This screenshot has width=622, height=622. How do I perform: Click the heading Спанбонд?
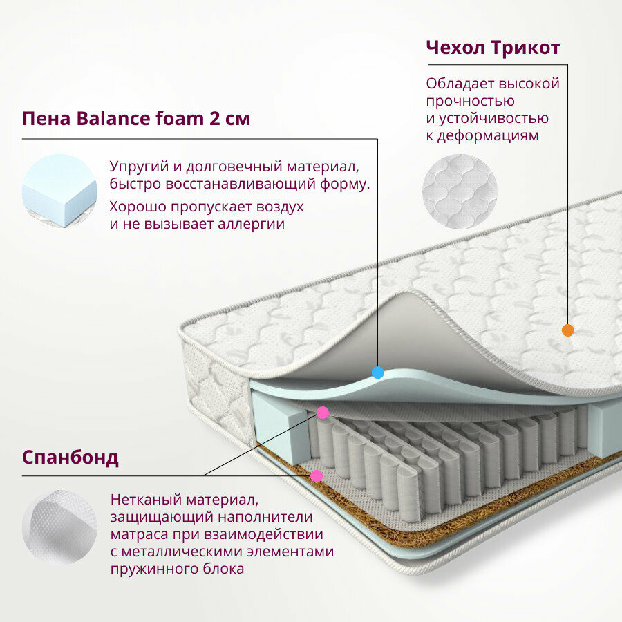tap(70, 458)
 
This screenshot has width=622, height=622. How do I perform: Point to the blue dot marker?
tap(377, 373)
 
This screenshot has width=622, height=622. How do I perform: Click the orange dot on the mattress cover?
tap(567, 330)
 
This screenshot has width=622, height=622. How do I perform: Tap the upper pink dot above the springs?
tap(322, 413)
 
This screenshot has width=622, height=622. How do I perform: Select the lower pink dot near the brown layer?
tap(317, 475)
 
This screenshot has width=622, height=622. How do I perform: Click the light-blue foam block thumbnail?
tap(59, 191)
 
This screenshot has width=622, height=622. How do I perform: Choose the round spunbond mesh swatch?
tap(59, 527)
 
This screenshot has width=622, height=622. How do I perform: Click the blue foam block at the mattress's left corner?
tap(280, 422)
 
